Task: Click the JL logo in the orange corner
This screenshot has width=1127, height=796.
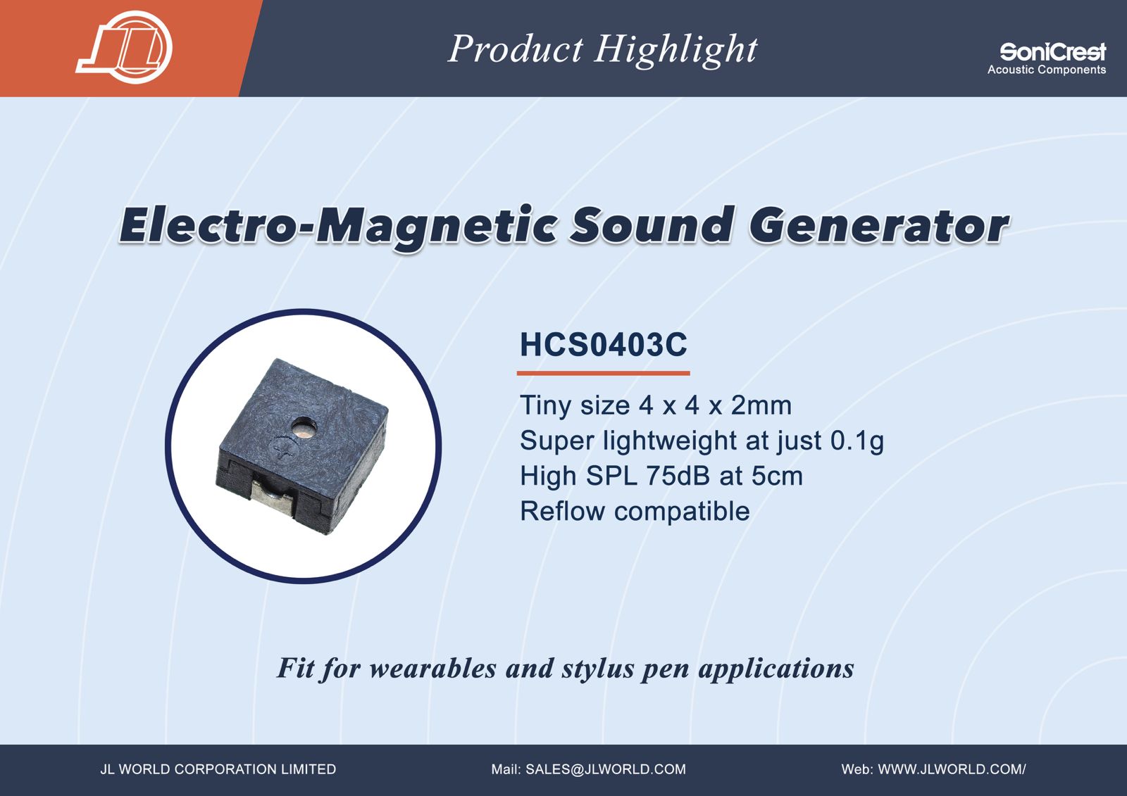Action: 124,47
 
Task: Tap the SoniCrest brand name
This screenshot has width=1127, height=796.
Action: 1052,52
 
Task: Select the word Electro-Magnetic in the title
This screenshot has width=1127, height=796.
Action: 339,226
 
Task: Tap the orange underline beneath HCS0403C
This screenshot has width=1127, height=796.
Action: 603,373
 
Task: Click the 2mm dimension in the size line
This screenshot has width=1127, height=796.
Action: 761,405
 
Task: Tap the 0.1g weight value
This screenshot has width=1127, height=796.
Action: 857,441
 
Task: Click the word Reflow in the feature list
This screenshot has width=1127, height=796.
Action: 563,511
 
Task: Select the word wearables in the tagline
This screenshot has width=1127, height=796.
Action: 432,669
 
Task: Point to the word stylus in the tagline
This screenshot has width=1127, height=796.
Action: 598,669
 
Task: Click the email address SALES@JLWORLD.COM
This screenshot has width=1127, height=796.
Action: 606,769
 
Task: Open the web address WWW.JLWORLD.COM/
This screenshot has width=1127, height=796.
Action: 952,769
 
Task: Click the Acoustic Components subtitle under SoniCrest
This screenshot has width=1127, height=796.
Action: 1047,70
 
